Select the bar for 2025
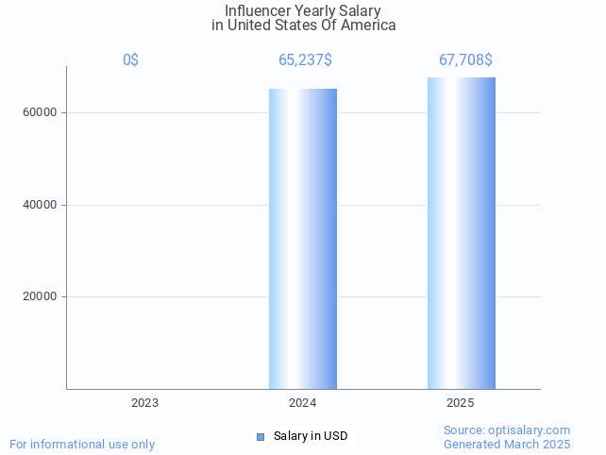(461, 233)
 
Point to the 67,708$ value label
(465, 60)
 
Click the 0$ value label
(130, 60)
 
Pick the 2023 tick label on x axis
(144, 403)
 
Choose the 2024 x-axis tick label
(302, 403)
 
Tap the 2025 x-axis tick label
(461, 403)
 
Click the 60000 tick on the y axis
(40, 113)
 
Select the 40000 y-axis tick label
(40, 205)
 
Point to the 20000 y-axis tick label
(40, 297)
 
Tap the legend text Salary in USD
(311, 436)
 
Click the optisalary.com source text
(507, 430)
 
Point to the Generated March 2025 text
(507, 444)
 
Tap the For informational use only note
(82, 444)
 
